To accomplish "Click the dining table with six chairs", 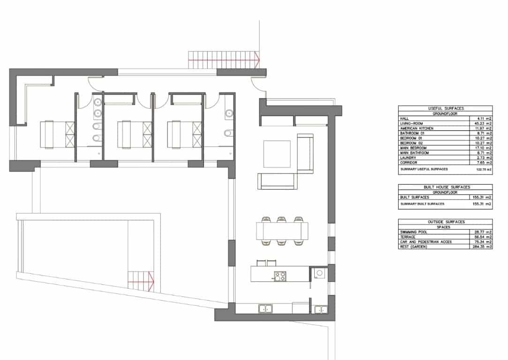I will click(x=282, y=231).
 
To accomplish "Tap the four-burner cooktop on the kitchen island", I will click(x=280, y=276).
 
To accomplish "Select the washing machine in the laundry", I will click(x=319, y=272).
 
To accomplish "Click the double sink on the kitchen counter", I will click(x=266, y=308).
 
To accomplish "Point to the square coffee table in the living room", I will click(x=277, y=154).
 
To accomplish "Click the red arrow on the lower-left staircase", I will click(x=151, y=280).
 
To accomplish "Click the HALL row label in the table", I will click(x=404, y=119).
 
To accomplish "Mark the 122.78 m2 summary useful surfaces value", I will click(x=483, y=169).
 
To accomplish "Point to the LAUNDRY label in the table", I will click(x=408, y=158).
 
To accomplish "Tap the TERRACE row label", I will click(x=408, y=237).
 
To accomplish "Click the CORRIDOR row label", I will click(x=409, y=163).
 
